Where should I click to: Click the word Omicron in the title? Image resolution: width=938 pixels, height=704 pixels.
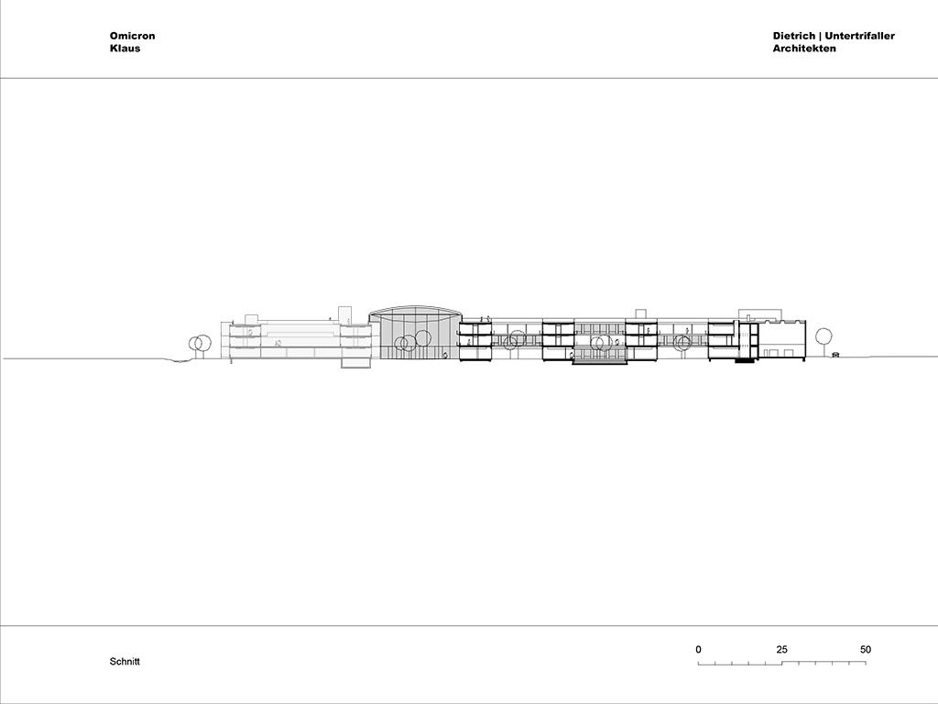pyautogui.click(x=132, y=36)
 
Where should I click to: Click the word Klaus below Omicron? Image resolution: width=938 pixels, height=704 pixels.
pyautogui.click(x=125, y=49)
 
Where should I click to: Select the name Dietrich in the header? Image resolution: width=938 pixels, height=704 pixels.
pyautogui.click(x=794, y=36)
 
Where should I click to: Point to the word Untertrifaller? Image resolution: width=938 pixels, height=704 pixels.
pyautogui.click(x=860, y=36)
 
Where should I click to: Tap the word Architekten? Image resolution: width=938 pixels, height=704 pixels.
pyautogui.click(x=804, y=49)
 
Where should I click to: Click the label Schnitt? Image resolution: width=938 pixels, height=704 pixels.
pyautogui.click(x=125, y=662)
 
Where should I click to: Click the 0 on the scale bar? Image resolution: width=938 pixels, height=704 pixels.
pyautogui.click(x=699, y=650)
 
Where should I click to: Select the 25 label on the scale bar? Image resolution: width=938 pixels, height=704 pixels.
pyautogui.click(x=782, y=650)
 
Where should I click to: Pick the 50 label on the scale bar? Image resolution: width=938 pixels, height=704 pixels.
pyautogui.click(x=866, y=650)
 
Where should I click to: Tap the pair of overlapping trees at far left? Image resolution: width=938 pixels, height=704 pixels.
pyautogui.click(x=200, y=343)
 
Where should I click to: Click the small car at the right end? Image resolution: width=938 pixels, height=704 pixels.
pyautogui.click(x=835, y=354)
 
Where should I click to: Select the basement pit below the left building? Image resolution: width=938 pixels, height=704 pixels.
pyautogui.click(x=356, y=363)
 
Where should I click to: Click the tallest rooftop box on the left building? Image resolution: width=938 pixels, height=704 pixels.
pyautogui.click(x=344, y=315)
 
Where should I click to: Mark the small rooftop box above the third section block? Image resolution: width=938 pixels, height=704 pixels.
pyautogui.click(x=640, y=313)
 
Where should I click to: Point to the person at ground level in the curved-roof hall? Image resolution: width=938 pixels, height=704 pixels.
pyautogui.click(x=444, y=356)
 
